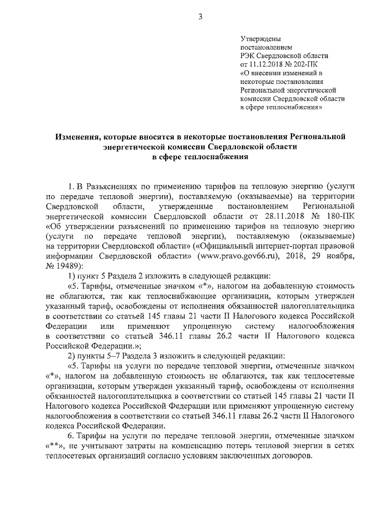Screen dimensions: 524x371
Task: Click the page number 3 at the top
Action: tap(199, 17)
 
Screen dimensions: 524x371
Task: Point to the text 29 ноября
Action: tap(334, 255)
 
